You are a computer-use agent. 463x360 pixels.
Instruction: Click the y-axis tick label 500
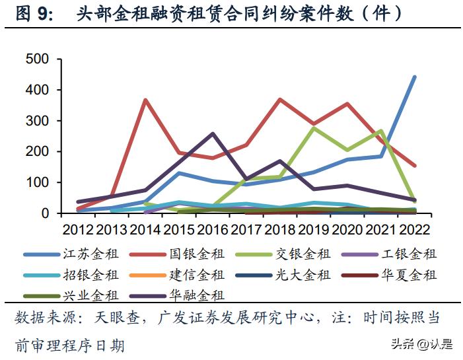[37, 59]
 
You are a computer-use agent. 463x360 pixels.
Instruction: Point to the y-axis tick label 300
[37, 121]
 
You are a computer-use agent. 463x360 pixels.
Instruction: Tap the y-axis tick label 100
[37, 183]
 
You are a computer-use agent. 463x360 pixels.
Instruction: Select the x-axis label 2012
[78, 229]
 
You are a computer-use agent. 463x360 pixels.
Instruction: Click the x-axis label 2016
[213, 229]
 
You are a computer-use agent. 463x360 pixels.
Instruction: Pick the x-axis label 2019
[314, 229]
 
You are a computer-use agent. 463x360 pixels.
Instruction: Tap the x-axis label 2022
[413, 229]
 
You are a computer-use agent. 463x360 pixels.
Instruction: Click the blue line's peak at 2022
[414, 77]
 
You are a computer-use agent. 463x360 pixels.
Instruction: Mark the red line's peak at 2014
[145, 100]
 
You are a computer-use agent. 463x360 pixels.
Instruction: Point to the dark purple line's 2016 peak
[212, 134]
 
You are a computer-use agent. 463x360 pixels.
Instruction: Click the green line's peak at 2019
[313, 127]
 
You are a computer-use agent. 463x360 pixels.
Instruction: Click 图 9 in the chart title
[34, 14]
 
